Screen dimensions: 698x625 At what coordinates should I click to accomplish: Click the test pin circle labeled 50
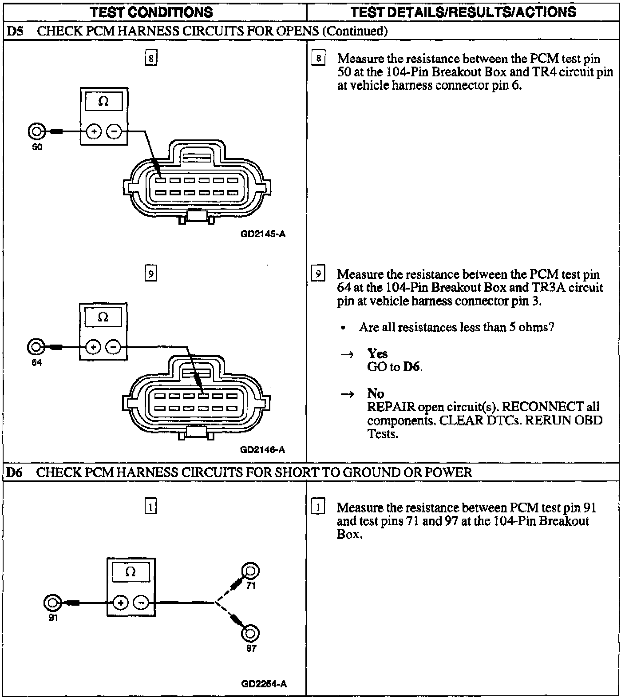click(36, 131)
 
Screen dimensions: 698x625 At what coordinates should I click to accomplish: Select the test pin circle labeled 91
click(52, 603)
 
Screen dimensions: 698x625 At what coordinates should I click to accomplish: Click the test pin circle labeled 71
click(250, 571)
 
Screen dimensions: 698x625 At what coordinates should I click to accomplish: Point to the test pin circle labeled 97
click(250, 633)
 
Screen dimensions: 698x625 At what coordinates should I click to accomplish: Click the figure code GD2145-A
click(263, 234)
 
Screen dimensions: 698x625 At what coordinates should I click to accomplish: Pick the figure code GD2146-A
click(262, 449)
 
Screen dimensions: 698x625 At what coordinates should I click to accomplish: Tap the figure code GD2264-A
click(264, 684)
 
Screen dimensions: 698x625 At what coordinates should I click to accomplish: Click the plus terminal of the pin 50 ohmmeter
click(94, 131)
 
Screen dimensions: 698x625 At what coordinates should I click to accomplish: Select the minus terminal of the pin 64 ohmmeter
click(114, 347)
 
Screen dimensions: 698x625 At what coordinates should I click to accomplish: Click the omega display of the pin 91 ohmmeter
click(131, 571)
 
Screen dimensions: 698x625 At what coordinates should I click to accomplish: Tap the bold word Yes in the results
click(377, 353)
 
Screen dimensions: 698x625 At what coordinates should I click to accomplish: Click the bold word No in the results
click(376, 393)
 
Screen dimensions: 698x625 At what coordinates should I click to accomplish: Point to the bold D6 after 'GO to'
click(412, 367)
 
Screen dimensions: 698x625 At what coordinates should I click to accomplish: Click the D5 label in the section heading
click(15, 31)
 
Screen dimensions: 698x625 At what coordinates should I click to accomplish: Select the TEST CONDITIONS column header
click(151, 12)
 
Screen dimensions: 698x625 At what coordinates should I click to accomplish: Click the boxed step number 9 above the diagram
click(151, 274)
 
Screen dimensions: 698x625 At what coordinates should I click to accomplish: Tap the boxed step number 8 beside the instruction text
click(318, 58)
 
